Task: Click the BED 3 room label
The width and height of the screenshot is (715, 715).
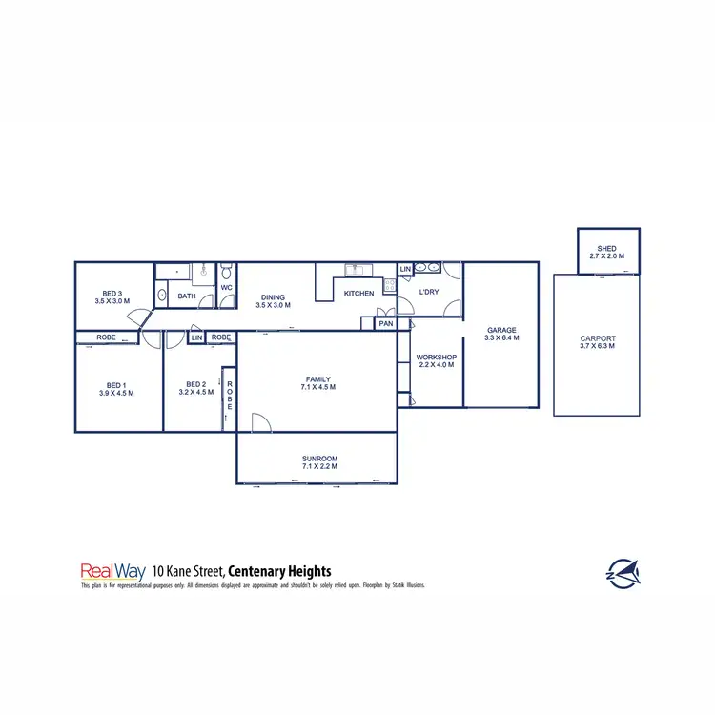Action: pyautogui.click(x=112, y=293)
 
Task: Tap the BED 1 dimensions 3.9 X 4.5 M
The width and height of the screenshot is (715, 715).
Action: pyautogui.click(x=116, y=393)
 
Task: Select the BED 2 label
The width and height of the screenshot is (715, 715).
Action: pyautogui.click(x=194, y=383)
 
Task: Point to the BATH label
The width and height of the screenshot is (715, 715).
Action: pyautogui.click(x=187, y=296)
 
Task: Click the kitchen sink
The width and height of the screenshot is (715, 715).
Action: pyautogui.click(x=352, y=268)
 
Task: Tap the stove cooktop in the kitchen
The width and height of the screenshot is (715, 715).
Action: pyautogui.click(x=389, y=285)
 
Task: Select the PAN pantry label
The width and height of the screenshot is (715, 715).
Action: pyautogui.click(x=386, y=323)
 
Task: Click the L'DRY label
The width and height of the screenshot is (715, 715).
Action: pyautogui.click(x=429, y=292)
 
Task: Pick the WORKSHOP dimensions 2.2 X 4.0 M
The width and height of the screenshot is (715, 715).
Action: pyautogui.click(x=437, y=364)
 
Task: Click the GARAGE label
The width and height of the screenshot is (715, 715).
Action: pyautogui.click(x=501, y=330)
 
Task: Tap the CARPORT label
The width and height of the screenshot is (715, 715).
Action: pyautogui.click(x=598, y=338)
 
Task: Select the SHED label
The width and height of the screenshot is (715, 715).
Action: pyautogui.click(x=607, y=248)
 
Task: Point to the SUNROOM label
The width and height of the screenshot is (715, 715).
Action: pyautogui.click(x=319, y=459)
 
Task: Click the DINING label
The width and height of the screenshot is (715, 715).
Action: pyautogui.click(x=274, y=297)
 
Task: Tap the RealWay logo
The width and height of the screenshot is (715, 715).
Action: pyautogui.click(x=112, y=571)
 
